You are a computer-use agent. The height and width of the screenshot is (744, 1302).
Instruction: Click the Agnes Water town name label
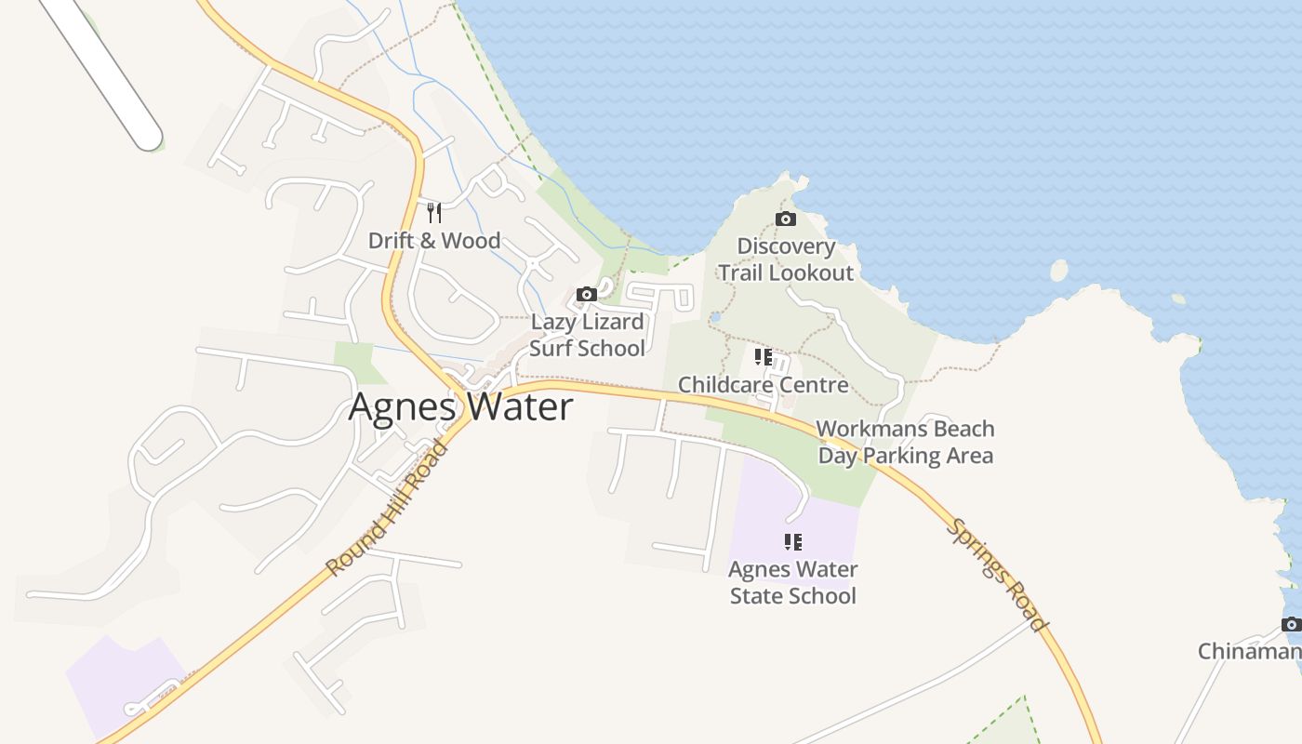[x=460, y=408]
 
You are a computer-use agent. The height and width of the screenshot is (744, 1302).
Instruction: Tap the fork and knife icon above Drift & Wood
[x=433, y=213]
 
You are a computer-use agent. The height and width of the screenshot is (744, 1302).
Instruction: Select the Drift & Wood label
[x=434, y=241]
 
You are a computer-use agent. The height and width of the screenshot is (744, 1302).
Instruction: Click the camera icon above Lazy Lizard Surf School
[x=586, y=295]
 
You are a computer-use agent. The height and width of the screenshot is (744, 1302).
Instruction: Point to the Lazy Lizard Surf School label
[x=587, y=335]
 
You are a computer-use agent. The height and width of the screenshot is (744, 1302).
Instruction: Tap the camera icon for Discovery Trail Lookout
[x=786, y=219]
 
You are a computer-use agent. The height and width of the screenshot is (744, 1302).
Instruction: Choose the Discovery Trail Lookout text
[x=786, y=259]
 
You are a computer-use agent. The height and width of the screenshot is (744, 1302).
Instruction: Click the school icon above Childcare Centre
[x=764, y=357]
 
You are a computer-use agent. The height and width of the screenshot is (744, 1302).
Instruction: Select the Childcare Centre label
[x=763, y=385]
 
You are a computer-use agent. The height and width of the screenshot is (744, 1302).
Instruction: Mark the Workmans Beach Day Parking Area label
[x=905, y=443]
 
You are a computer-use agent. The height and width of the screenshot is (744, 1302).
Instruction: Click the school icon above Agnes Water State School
[x=792, y=541]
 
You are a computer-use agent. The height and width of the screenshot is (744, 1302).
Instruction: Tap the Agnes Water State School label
[x=792, y=582]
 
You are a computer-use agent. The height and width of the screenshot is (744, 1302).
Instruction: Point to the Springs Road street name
[x=998, y=576]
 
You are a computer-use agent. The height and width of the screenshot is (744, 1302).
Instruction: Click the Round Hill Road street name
[x=387, y=508]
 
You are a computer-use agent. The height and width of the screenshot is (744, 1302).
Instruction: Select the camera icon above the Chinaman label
[x=1291, y=624]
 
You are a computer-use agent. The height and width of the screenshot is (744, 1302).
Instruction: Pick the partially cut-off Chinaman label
[x=1249, y=651]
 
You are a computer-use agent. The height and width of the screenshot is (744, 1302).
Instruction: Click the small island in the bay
[x=1058, y=271]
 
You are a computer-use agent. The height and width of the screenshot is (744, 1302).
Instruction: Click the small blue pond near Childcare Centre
[x=714, y=317]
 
